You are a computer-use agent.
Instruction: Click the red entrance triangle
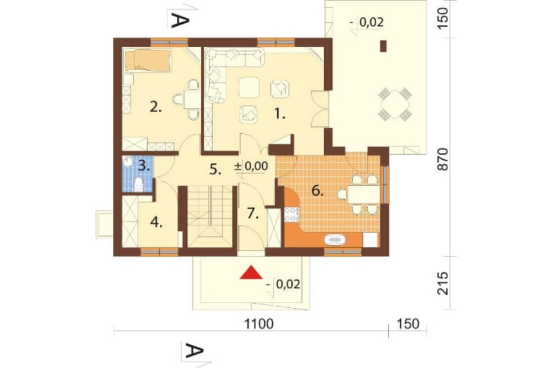pyautogui.click(x=251, y=272)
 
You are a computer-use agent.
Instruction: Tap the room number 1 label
pyautogui.click(x=280, y=114)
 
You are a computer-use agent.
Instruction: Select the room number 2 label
pyautogui.click(x=155, y=107)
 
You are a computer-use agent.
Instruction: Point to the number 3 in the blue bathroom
pyautogui.click(x=143, y=165)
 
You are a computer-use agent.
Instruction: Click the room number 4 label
pyautogui.click(x=156, y=223)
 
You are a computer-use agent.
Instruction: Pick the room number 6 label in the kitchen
pyautogui.click(x=317, y=191)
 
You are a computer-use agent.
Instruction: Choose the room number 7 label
pyautogui.click(x=253, y=213)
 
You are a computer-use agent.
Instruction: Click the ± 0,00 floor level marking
pyautogui.click(x=251, y=166)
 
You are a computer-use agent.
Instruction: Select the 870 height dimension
pyautogui.click(x=442, y=159)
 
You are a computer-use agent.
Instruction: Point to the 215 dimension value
pyautogui.click(x=442, y=283)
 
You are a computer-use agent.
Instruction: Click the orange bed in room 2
pyautogui.click(x=148, y=60)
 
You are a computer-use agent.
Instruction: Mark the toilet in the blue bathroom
pyautogui.click(x=139, y=184)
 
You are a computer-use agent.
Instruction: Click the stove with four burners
pyautogui.click(x=292, y=214)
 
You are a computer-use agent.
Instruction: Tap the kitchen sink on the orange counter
pyautogui.click(x=335, y=240)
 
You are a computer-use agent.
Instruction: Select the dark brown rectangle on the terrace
pyautogui.click(x=383, y=46)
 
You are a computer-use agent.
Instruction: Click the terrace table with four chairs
pyautogui.click(x=395, y=104)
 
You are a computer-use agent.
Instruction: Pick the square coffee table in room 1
pyautogui.click(x=249, y=87)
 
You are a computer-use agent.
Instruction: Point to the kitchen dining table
pyautogui.click(x=363, y=194)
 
